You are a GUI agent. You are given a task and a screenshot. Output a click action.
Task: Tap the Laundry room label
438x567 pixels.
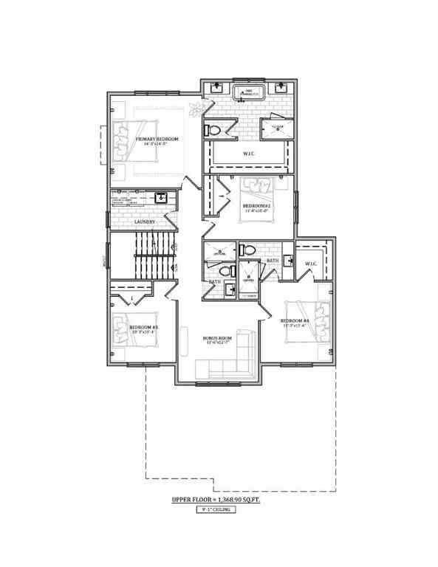(x=144, y=221)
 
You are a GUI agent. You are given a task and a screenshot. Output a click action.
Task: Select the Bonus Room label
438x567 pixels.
(x=219, y=339)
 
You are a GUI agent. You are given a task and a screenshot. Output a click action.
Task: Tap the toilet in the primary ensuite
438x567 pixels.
(x=215, y=130)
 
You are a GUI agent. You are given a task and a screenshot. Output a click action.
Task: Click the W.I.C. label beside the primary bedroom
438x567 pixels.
(x=249, y=154)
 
